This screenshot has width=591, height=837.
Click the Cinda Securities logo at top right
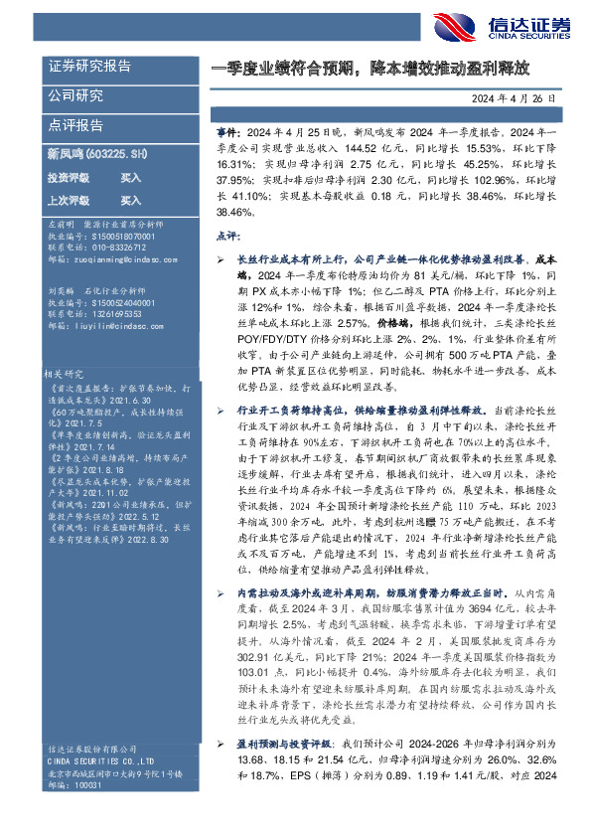tap(503, 26)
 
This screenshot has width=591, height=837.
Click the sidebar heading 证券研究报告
tap(90, 67)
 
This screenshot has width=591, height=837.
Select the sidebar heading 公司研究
tap(76, 96)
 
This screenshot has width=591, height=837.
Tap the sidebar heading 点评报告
tap(76, 126)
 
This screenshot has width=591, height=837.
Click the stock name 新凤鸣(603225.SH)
tap(97, 153)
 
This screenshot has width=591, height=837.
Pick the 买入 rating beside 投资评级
tap(130, 177)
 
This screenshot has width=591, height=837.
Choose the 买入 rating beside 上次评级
tap(130, 200)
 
